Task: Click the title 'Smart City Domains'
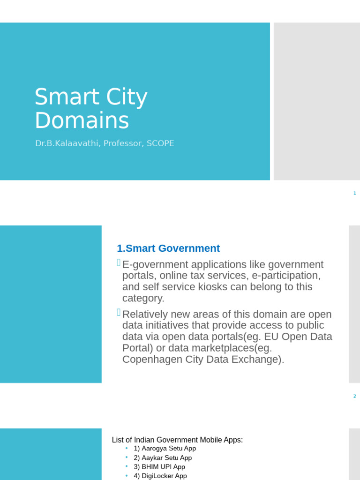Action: (x=91, y=109)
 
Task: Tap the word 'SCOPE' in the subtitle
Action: (x=160, y=143)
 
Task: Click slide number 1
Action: (x=355, y=193)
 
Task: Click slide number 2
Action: (x=355, y=396)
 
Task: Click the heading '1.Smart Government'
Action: (x=168, y=248)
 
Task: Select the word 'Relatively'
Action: (x=147, y=314)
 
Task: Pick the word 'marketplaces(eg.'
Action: (x=234, y=348)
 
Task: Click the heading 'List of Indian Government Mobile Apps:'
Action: (x=177, y=440)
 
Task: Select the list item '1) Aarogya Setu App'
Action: (x=165, y=449)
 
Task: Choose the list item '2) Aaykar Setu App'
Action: (x=163, y=457)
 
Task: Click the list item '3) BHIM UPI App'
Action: (x=159, y=466)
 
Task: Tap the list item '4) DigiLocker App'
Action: (x=160, y=475)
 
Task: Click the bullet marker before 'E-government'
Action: (x=119, y=263)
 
